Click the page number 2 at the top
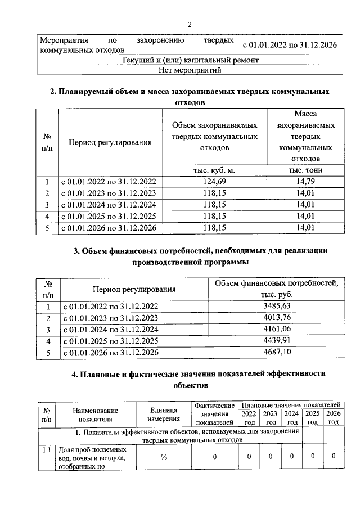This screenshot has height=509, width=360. (x=190, y=24)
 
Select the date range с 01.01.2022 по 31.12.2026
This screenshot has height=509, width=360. (x=289, y=44)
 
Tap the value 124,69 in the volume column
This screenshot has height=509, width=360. (x=214, y=182)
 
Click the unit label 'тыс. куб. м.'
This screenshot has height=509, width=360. (x=214, y=170)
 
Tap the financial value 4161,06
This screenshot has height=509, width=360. (x=277, y=329)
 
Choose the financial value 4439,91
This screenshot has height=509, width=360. (x=277, y=341)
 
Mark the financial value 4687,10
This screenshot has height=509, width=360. (x=277, y=353)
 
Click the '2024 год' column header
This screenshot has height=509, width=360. (x=291, y=417)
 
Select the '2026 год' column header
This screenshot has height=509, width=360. (x=334, y=417)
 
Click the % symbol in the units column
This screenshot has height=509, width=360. (x=164, y=457)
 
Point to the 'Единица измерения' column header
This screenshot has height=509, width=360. (x=164, y=414)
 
